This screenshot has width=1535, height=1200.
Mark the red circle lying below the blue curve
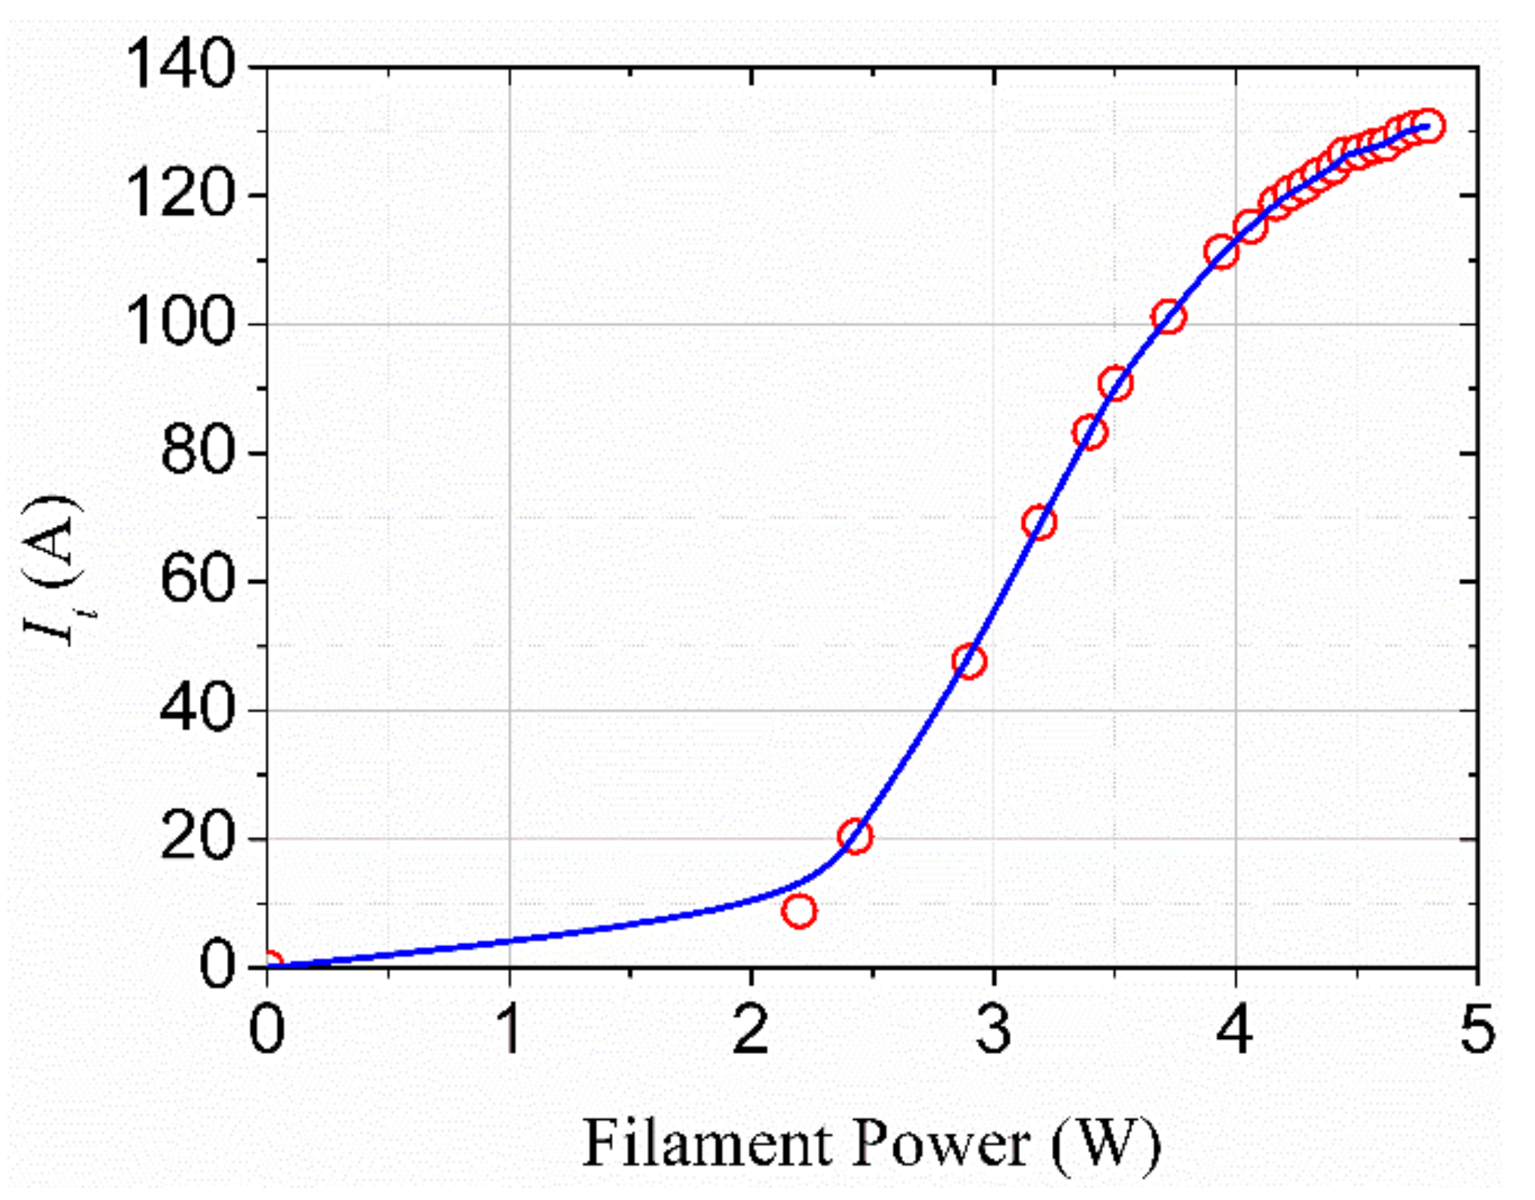tap(799, 911)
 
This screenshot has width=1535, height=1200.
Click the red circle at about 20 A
tap(855, 837)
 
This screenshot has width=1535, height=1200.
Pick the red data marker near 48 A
tap(969, 661)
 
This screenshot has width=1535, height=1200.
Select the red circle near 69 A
tap(1038, 522)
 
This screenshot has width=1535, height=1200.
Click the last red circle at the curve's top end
tap(1427, 126)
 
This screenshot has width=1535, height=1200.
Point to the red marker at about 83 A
tap(1090, 432)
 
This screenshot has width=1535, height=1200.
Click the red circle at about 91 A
tap(1115, 384)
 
